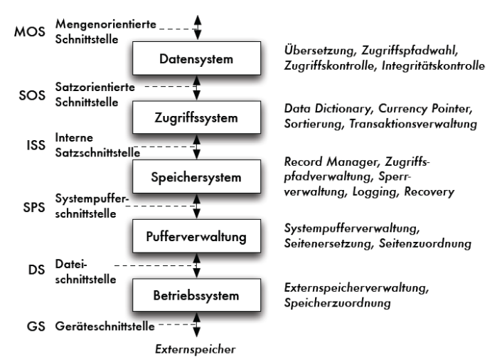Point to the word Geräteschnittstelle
click(x=105, y=326)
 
